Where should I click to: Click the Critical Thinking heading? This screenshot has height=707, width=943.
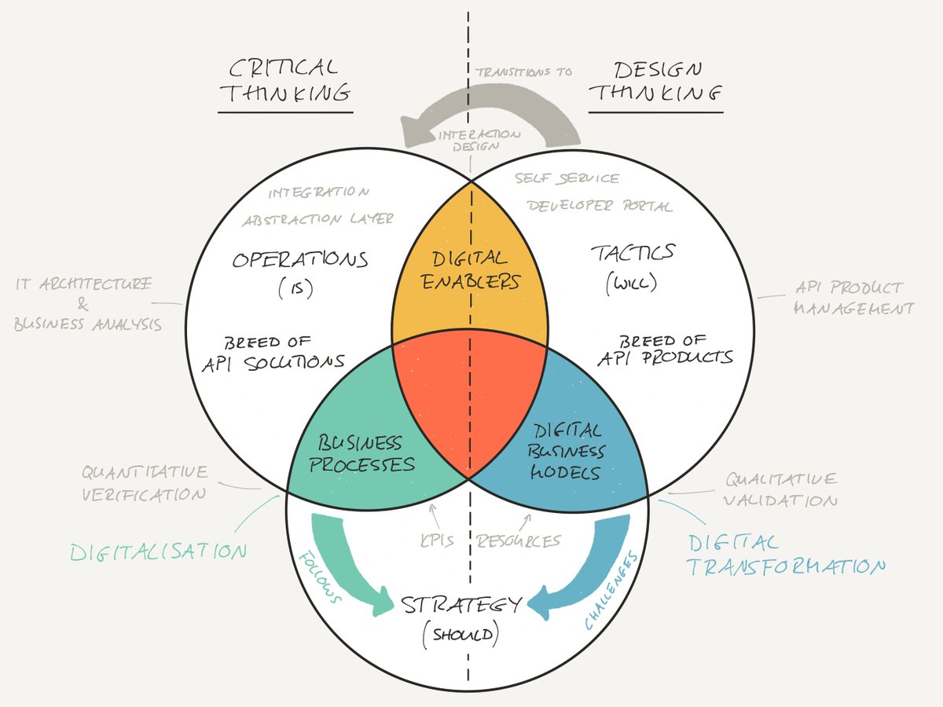tap(284, 81)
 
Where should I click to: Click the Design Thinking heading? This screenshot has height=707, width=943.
tap(655, 81)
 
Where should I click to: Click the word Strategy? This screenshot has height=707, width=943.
tap(461, 606)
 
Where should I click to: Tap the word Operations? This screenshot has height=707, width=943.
tap(299, 258)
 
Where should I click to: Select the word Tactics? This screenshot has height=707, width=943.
tap(632, 253)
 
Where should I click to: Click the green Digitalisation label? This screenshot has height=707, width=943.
tap(158, 551)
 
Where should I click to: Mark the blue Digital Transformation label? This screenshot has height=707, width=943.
tap(786, 555)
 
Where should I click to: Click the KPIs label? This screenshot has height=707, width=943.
tap(437, 540)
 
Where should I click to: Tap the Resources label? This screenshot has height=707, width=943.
tap(518, 540)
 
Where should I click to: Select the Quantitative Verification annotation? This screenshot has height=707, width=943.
tap(145, 483)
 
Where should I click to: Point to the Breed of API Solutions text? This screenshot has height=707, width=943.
tap(284, 351)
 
